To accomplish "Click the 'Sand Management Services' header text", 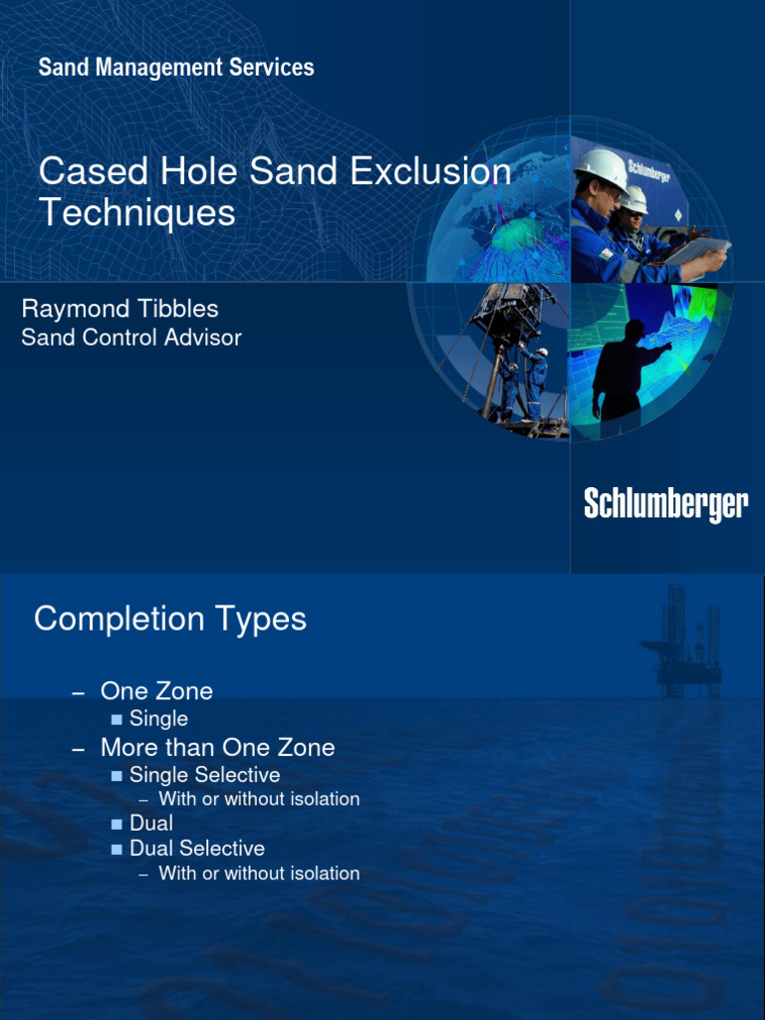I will (x=176, y=68).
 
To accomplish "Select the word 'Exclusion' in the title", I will (x=432, y=171).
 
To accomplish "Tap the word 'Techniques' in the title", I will (x=136, y=212).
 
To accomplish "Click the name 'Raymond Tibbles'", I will (x=120, y=309).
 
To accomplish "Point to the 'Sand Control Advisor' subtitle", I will (x=131, y=338).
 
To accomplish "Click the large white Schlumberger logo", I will (x=665, y=504).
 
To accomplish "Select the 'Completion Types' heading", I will (x=170, y=619).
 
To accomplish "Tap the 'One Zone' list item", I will (x=156, y=690).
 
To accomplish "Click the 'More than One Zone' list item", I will (x=217, y=747).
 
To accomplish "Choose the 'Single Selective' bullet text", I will (x=204, y=775).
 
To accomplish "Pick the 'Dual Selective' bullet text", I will (x=197, y=849).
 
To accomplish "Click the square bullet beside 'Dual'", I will (x=117, y=824).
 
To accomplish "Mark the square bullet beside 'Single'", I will (x=117, y=719).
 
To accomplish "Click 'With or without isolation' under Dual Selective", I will (x=259, y=874).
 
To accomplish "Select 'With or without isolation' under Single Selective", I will (x=259, y=799).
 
